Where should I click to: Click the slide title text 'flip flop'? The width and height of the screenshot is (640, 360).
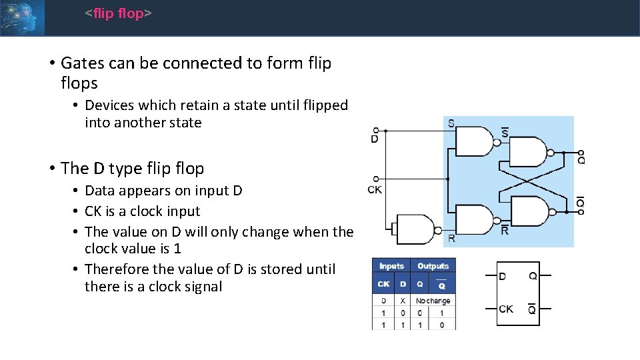[x=119, y=13]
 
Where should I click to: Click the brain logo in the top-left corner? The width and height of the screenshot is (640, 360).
[x=22, y=17]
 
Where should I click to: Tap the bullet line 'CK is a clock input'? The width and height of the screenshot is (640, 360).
[x=143, y=211]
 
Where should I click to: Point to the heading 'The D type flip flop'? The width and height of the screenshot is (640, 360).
[x=132, y=169]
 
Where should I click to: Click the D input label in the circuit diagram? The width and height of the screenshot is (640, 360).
[x=375, y=139]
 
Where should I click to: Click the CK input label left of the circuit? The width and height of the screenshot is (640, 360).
[x=375, y=189]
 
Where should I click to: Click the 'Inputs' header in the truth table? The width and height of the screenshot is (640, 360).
[x=392, y=266]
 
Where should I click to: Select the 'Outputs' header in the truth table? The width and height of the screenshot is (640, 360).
[x=433, y=266]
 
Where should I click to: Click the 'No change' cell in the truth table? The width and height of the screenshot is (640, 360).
[x=433, y=301]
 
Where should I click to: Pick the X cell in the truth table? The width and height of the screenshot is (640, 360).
[x=402, y=301]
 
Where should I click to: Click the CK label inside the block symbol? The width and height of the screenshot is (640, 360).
[x=506, y=309]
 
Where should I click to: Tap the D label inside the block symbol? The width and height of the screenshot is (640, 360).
[x=502, y=276]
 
